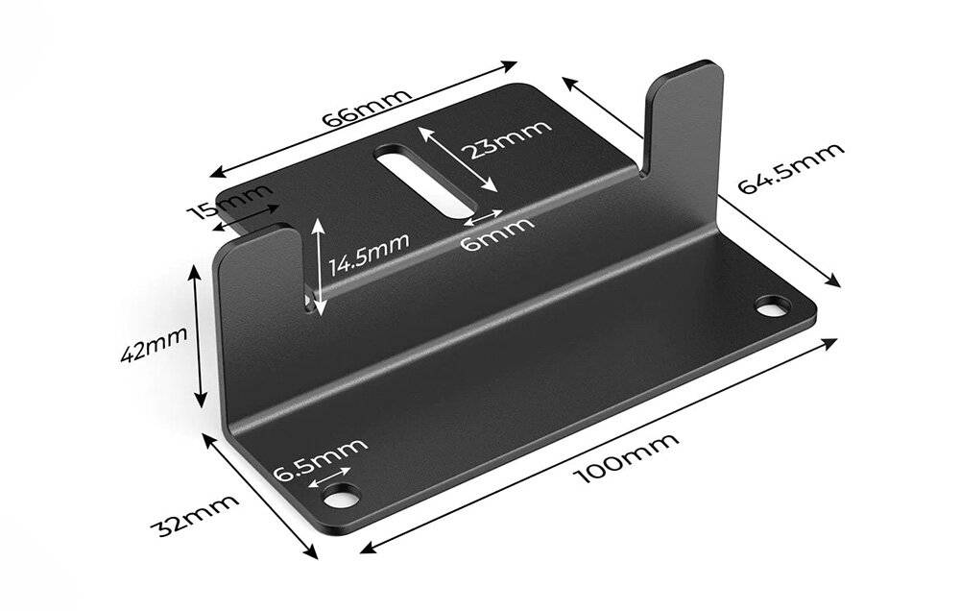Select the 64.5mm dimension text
(x=791, y=168)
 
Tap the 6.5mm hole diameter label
(x=320, y=458)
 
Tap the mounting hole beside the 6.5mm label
(x=340, y=496)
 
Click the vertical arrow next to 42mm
(x=199, y=336)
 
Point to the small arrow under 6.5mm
(x=329, y=477)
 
